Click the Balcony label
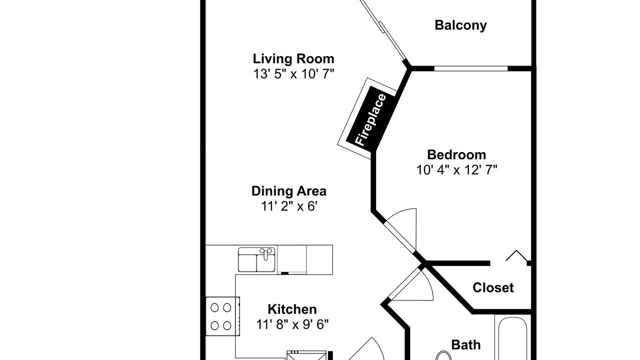tap(460, 25)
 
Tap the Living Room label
tap(293, 58)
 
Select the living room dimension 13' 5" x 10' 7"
tap(293, 74)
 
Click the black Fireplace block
tap(371, 119)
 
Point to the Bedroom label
tap(456, 155)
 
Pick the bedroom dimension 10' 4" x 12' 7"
tap(456, 170)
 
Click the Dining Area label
tap(289, 191)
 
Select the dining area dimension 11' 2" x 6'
tap(289, 206)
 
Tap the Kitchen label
tap(292, 309)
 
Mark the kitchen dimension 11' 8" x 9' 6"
tap(292, 324)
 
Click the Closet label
tap(493, 287)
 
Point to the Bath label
tap(465, 345)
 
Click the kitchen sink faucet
tap(265, 253)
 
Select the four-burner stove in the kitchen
tap(222, 316)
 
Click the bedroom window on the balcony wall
tap(471, 68)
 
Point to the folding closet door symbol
tap(516, 255)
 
